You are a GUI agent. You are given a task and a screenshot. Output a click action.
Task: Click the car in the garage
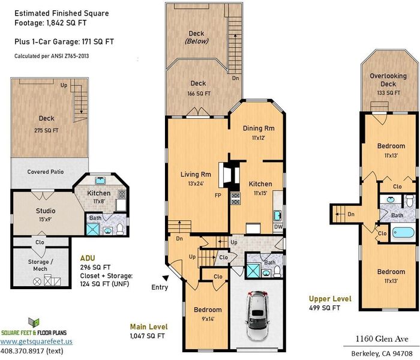(x=257, y=316)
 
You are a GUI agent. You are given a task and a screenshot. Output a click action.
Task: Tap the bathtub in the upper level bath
(x=403, y=233)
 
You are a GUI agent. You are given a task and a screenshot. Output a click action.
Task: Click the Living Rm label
(x=196, y=175)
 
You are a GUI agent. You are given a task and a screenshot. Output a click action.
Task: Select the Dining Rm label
(x=259, y=128)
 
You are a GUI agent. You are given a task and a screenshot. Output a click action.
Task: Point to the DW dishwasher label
(x=278, y=227)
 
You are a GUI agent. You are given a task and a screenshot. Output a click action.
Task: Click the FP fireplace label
(x=218, y=195)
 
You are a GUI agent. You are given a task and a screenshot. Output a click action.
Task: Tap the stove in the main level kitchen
(x=235, y=199)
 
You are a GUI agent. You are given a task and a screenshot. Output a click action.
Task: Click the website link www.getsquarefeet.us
(x=36, y=341)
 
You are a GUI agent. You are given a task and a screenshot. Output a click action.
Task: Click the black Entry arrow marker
(x=166, y=278)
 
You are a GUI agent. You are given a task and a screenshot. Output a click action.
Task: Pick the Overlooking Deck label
(x=388, y=80)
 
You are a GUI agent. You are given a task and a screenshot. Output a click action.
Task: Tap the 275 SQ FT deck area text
(x=46, y=130)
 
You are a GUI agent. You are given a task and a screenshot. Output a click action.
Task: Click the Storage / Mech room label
(x=40, y=265)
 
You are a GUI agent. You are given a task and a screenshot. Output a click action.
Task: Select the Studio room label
(x=46, y=211)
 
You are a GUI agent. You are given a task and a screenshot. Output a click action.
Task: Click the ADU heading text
(x=88, y=258)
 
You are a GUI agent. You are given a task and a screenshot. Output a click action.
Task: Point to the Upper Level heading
(x=330, y=299)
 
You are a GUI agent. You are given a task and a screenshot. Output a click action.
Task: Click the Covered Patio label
(x=46, y=172)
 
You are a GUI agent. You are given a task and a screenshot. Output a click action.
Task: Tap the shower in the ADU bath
(x=92, y=229)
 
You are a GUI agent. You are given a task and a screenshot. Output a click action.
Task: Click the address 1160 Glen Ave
(x=382, y=339)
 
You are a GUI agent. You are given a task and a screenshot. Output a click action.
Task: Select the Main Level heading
(x=149, y=327)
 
